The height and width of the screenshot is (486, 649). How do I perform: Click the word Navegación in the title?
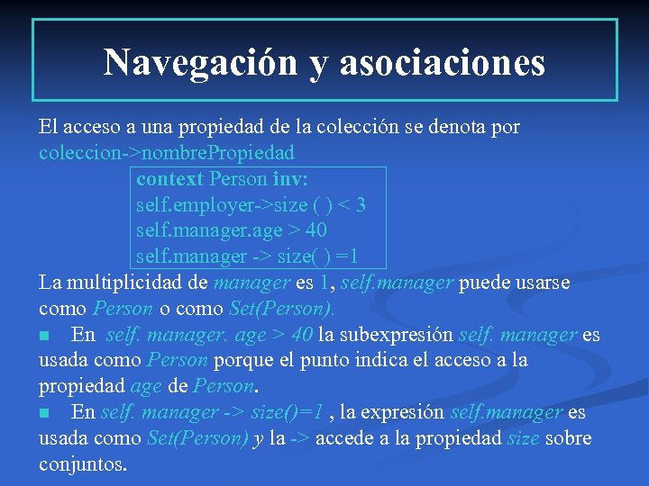point(201,62)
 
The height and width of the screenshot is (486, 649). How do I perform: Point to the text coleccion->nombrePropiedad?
point(167,152)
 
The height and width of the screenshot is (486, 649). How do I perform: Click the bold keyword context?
point(169,178)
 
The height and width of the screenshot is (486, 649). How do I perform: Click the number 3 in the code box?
point(360,204)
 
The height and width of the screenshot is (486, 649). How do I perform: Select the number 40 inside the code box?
point(315,230)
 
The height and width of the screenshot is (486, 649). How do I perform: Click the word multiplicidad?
point(151,283)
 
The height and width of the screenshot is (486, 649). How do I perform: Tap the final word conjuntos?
point(82,465)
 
